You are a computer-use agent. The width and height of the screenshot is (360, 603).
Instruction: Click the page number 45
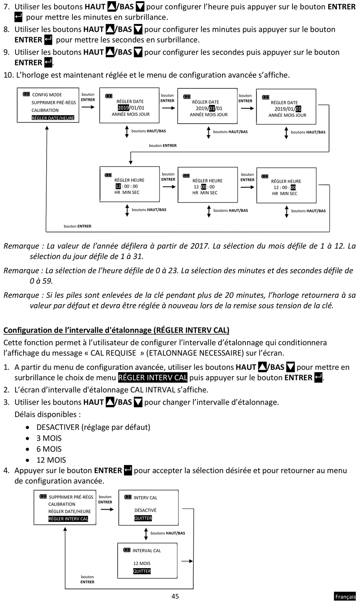pos(175,596)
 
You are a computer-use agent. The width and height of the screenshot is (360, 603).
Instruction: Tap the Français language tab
pos(345,597)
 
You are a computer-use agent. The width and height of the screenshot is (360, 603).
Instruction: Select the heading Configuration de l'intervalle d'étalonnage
pos(116,330)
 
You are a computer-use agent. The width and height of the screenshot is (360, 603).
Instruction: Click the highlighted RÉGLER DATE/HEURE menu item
pos(53,118)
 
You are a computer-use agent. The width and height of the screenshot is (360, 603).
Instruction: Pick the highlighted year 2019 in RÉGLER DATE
pos(123,108)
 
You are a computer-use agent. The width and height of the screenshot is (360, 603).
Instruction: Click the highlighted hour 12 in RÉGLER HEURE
pos(118,186)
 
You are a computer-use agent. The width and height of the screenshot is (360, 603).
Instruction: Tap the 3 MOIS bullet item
pos(49,438)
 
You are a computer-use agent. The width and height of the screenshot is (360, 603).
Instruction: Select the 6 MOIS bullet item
pos(49,449)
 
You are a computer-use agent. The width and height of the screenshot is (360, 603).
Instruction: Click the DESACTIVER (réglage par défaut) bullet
pos(93,427)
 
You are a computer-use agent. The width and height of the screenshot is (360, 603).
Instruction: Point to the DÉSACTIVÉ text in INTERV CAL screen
pos(145,510)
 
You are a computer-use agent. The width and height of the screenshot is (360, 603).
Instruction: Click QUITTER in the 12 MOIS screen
pos(142,571)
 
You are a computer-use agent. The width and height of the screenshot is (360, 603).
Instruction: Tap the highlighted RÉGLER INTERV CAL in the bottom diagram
pos(68,519)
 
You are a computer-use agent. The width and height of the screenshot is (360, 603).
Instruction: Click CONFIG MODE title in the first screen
pos(47,95)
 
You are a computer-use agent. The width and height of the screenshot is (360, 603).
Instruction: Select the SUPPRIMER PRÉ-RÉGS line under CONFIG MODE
pos(54,102)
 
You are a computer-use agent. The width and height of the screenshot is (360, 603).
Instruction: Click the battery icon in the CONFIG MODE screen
pos(27,94)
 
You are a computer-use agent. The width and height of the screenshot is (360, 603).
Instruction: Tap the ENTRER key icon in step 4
pos(128,470)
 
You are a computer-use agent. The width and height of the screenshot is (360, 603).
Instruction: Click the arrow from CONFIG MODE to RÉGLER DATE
pos(88,107)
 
